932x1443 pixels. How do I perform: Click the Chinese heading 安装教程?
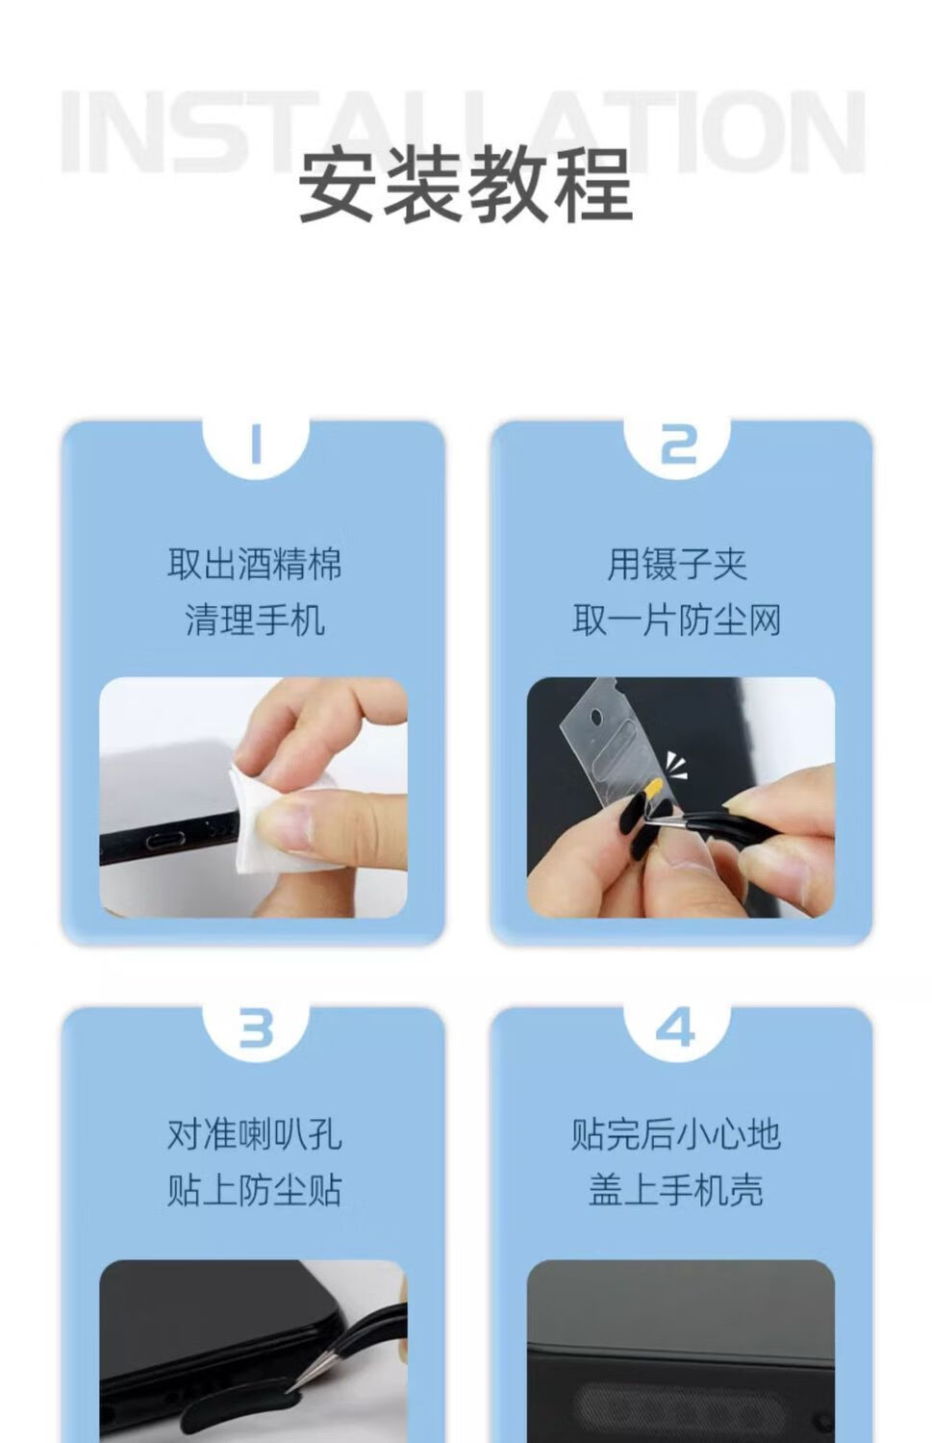click(466, 184)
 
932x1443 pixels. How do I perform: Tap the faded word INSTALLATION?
click(463, 132)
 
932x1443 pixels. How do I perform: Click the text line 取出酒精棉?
click(255, 564)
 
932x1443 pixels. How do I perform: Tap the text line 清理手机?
click(255, 620)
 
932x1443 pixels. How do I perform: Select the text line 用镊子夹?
click(677, 564)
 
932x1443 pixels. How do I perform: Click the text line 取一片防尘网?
click(677, 620)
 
